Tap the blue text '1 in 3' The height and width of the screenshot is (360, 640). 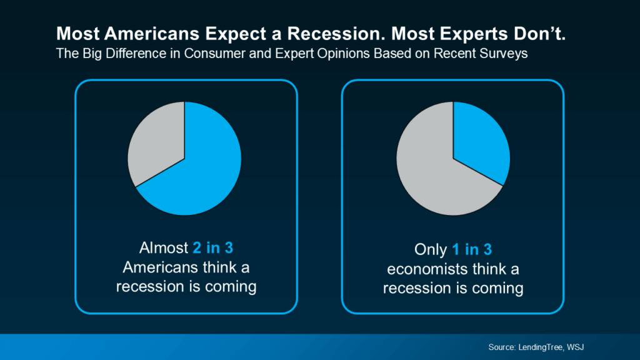[472, 250]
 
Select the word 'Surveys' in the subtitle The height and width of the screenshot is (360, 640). [507, 54]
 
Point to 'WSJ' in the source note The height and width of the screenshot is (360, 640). [584, 346]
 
